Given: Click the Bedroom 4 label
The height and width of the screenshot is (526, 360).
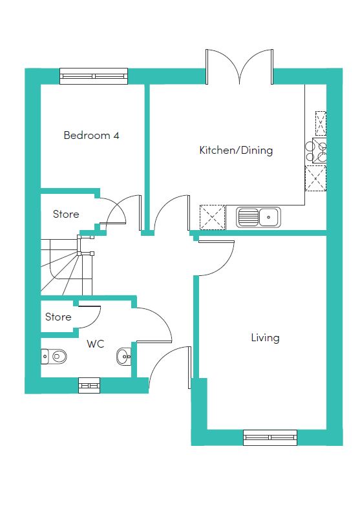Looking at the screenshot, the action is (91, 136).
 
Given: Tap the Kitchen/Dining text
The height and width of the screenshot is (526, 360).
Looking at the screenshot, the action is (236, 150).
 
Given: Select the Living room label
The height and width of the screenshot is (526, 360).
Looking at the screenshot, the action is (265, 337).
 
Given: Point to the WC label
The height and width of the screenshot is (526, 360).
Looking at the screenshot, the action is (96, 344).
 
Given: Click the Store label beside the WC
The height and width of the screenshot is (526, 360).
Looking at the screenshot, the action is (58, 317).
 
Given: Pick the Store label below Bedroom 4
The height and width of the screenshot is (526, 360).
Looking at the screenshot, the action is (66, 214).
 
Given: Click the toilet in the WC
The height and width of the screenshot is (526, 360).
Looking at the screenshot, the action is (54, 356).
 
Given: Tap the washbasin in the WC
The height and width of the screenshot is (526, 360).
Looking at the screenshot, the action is (124, 356).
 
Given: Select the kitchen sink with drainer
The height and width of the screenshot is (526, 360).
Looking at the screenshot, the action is (259, 217).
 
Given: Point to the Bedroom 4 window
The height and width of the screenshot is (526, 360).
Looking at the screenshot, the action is (94, 76).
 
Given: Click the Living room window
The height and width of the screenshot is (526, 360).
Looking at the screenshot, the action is (270, 437).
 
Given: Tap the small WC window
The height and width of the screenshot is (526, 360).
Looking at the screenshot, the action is (89, 385).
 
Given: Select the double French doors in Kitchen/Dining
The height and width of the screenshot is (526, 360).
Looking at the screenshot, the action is (239, 67).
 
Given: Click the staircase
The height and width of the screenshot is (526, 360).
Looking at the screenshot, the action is (67, 265).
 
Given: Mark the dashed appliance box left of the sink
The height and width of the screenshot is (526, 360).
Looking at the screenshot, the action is (213, 217).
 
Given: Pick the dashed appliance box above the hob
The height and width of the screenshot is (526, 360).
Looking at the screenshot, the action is (321, 123).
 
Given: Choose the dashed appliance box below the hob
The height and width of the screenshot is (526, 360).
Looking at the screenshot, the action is (315, 178).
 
